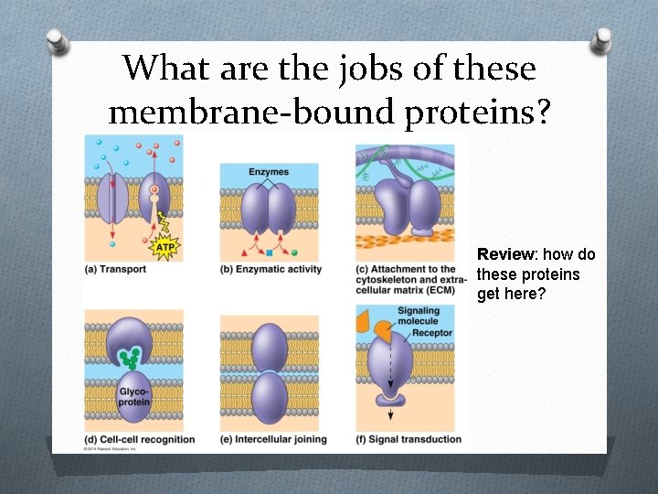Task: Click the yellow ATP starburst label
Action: coord(165,246)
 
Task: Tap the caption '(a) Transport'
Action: coord(115,269)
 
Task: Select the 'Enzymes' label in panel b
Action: coord(268,172)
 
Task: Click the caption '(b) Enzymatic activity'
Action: coord(271,269)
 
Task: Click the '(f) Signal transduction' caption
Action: coord(409,439)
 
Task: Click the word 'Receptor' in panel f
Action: coord(431,333)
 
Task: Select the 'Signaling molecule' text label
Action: coord(419,316)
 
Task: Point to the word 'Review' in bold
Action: coord(498,253)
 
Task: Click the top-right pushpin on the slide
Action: coord(602,42)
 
